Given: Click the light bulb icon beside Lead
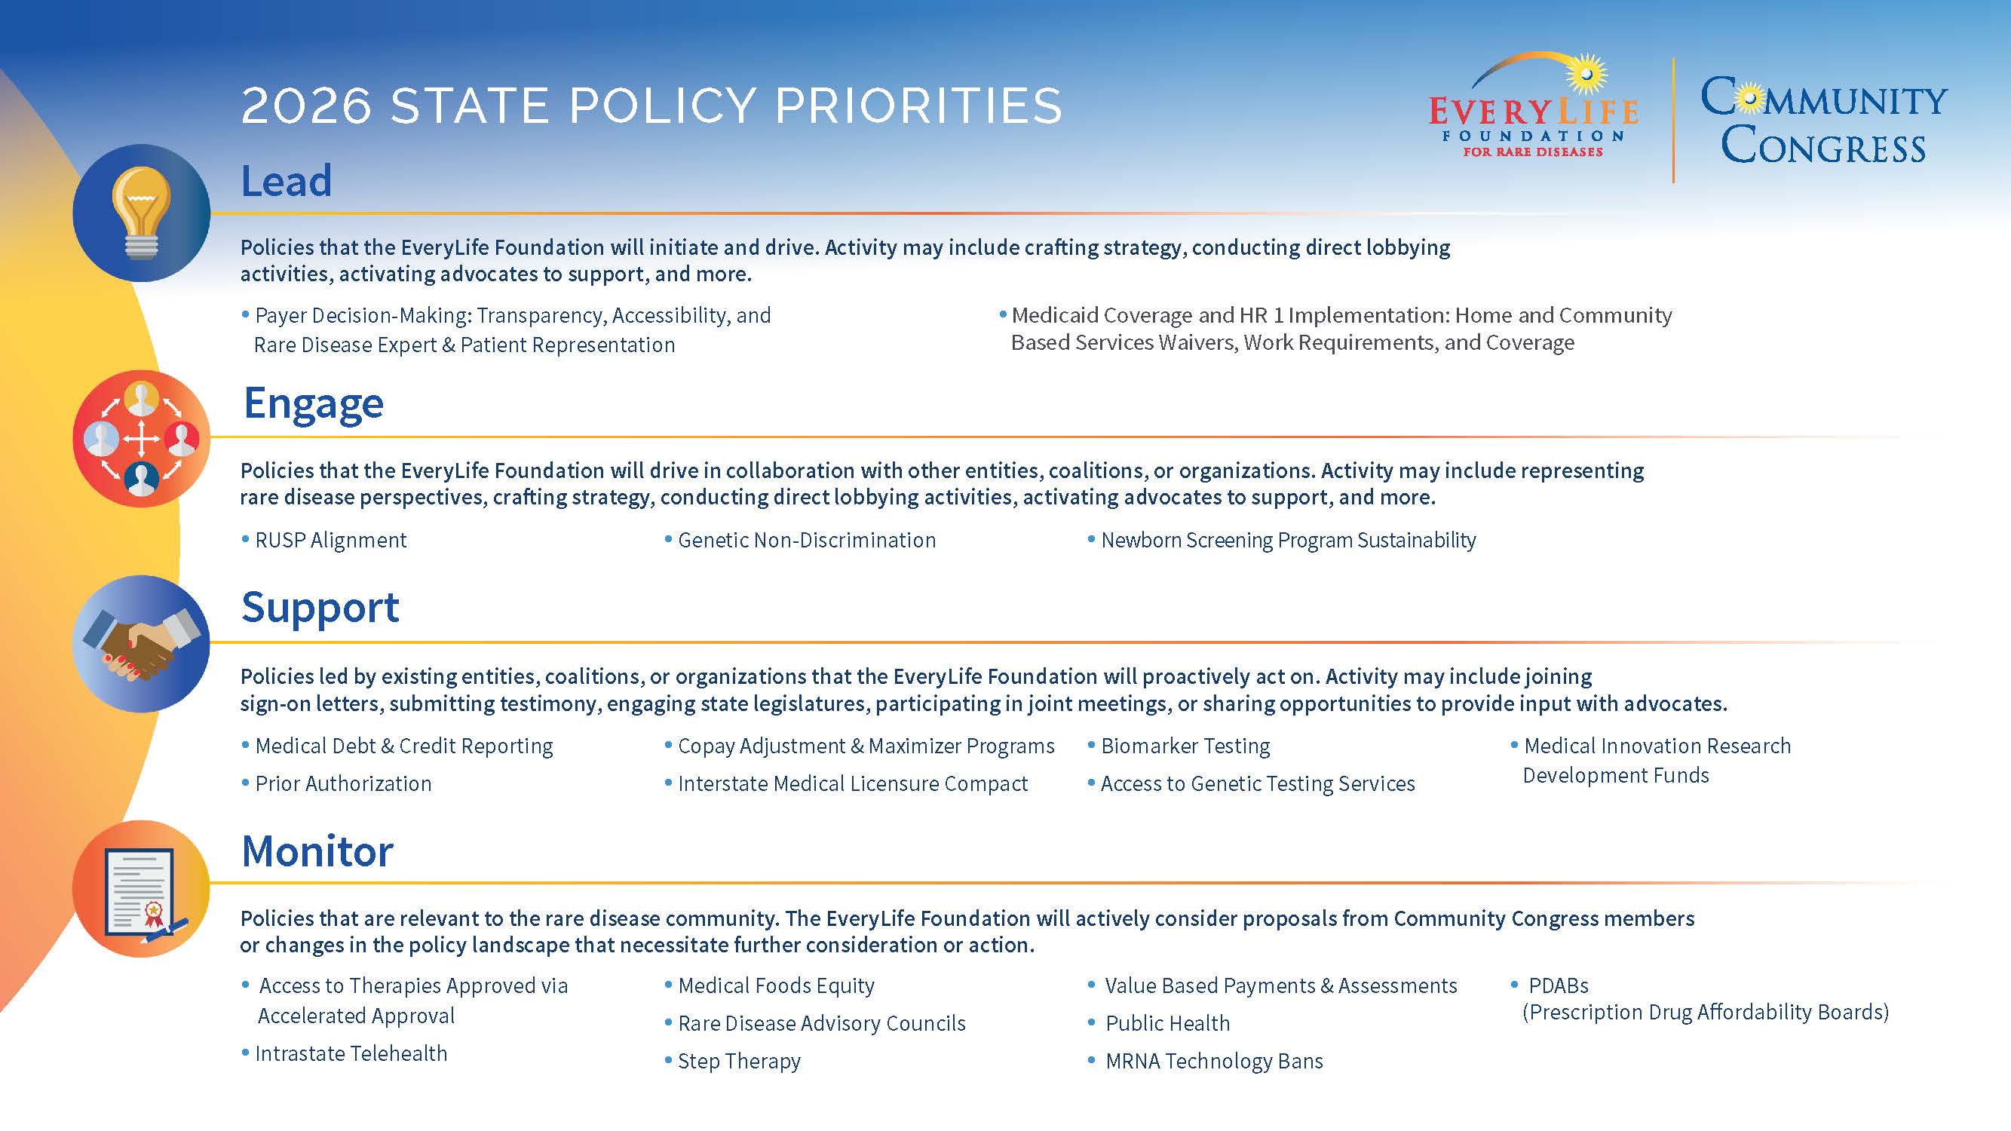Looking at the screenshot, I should (141, 213).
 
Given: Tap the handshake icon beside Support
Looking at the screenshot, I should (141, 643).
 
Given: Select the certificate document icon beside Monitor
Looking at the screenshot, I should (141, 888).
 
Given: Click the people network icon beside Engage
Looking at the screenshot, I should (141, 438).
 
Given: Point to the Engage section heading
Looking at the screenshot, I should (313, 403).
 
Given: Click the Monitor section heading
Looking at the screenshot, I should (317, 851).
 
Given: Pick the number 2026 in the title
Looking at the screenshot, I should (305, 106).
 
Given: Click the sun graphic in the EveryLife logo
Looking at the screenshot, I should (1586, 74).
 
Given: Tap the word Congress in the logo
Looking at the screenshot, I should (1822, 146).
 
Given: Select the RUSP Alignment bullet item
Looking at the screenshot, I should (330, 540).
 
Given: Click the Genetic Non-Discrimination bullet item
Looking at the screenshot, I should (806, 540).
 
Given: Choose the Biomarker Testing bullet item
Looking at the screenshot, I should (1185, 746).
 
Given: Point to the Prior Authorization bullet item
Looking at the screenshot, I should (343, 783).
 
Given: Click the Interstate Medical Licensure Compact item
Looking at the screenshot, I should (853, 783).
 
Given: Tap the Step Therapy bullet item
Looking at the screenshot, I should (738, 1062).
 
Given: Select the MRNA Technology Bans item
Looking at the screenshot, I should (1214, 1062).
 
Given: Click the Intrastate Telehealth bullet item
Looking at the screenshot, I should (351, 1054).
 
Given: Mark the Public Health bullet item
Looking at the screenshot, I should (1167, 1023).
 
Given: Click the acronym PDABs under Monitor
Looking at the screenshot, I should (1559, 985).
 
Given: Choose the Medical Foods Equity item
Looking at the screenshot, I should (776, 985).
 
